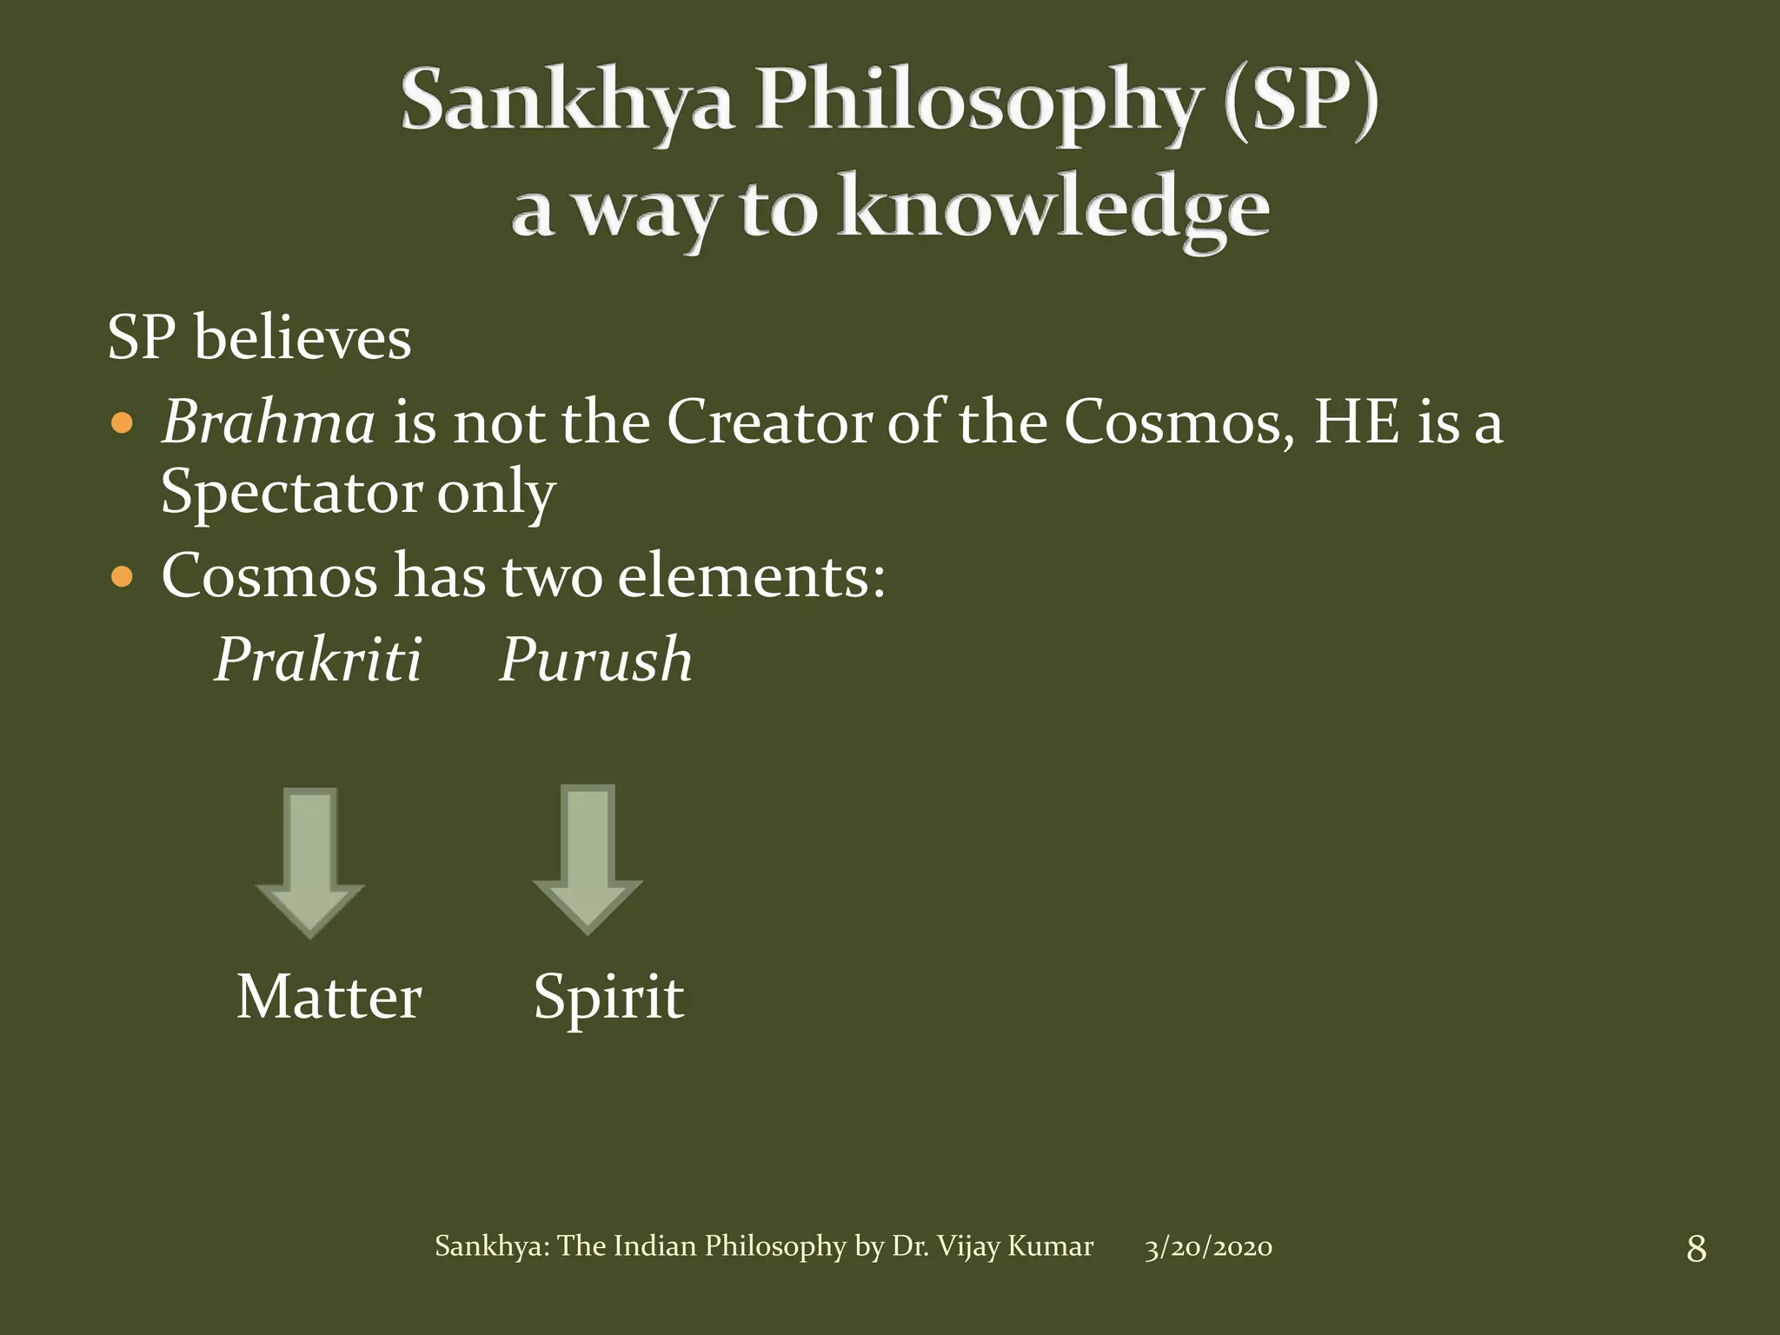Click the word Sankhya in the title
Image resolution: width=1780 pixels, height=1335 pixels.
567,103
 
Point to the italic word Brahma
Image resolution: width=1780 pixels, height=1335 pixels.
269,423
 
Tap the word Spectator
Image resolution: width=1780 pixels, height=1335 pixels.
291,493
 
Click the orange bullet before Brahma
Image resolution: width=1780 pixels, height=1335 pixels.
123,424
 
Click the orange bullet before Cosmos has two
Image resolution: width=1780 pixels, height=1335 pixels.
123,576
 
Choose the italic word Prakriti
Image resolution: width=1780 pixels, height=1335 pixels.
318,660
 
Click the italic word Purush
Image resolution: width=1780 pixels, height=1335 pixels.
595,660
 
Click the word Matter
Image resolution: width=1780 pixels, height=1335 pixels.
329,997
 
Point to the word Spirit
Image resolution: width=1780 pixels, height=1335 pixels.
608,999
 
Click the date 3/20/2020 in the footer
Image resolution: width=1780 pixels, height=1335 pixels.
1208,1247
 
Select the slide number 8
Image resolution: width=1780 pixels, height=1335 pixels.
1696,1249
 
